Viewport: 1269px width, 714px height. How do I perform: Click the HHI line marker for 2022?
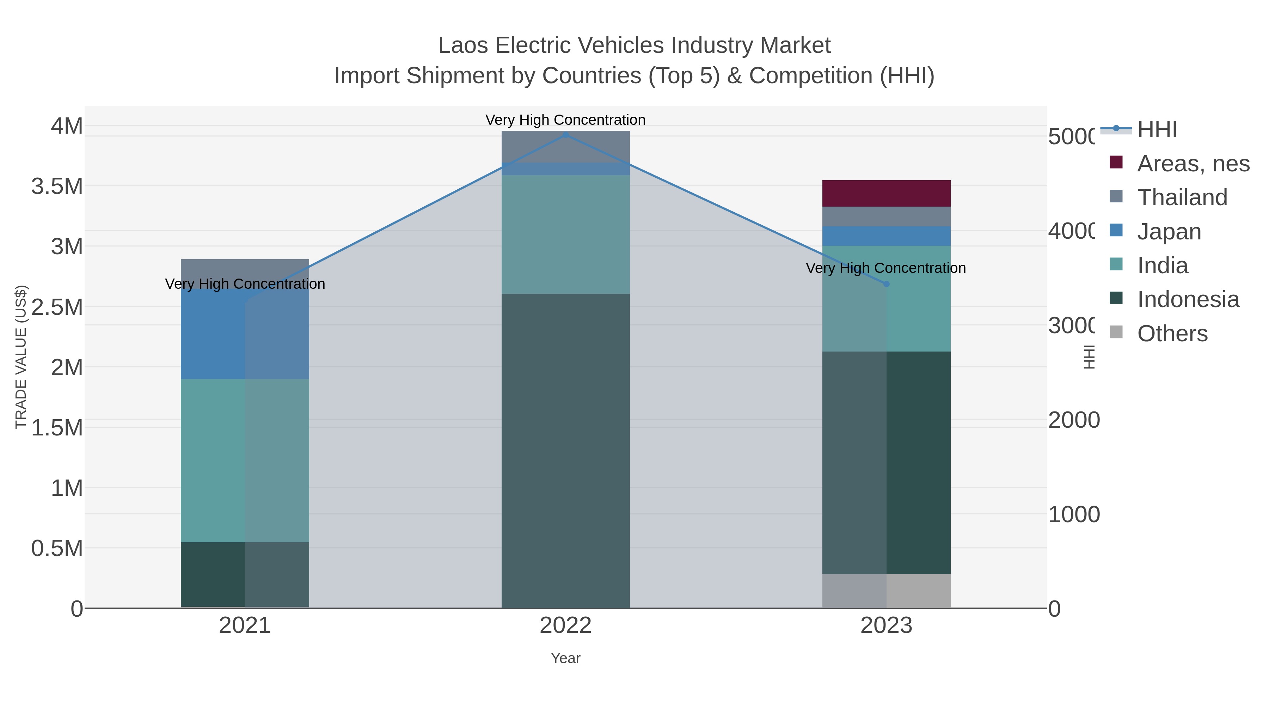(565, 135)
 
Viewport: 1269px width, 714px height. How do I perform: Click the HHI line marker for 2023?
(886, 284)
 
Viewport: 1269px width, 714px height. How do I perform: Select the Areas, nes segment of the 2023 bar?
(886, 193)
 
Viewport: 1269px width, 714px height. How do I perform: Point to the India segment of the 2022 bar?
(565, 234)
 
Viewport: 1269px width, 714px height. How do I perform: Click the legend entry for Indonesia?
(1188, 300)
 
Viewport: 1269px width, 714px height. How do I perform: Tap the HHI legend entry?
(1156, 130)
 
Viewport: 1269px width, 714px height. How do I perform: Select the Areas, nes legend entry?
(1193, 164)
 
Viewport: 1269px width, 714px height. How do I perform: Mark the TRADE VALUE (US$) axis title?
(21, 357)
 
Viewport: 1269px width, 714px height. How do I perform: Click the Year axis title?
(565, 658)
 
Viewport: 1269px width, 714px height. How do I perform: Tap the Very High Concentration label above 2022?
(565, 120)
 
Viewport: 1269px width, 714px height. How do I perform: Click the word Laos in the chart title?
(463, 46)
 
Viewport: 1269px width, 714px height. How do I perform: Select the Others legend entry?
(1172, 334)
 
